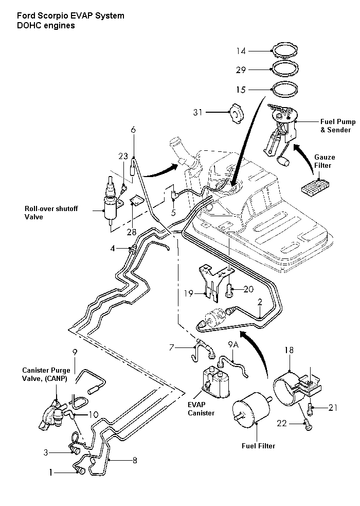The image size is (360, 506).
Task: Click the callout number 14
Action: pyautogui.click(x=241, y=50)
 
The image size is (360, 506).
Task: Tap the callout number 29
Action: pyautogui.click(x=241, y=69)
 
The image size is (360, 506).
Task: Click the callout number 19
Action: pyautogui.click(x=189, y=293)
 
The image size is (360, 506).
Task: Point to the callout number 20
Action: pyautogui.click(x=248, y=289)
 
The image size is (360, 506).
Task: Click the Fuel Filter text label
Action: pyautogui.click(x=258, y=446)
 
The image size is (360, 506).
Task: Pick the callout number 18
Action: pyautogui.click(x=289, y=350)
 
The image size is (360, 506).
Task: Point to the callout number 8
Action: pyautogui.click(x=135, y=460)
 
